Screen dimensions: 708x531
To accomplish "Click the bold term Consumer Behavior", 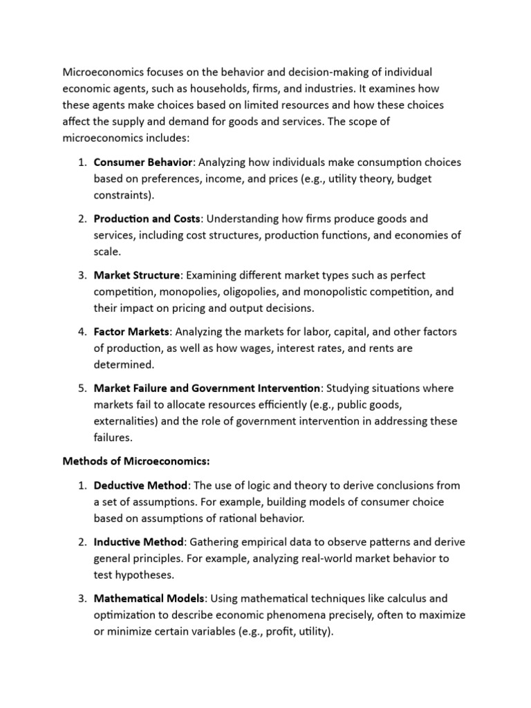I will point(143,162).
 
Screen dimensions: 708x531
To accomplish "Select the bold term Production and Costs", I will point(147,218).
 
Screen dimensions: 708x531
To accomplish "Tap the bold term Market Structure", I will point(137,275).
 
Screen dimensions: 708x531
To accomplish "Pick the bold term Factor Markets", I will point(131,332).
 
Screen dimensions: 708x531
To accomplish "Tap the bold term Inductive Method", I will point(138,542).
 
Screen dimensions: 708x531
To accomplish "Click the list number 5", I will point(81,388).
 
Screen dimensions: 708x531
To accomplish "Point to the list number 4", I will point(81,332).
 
